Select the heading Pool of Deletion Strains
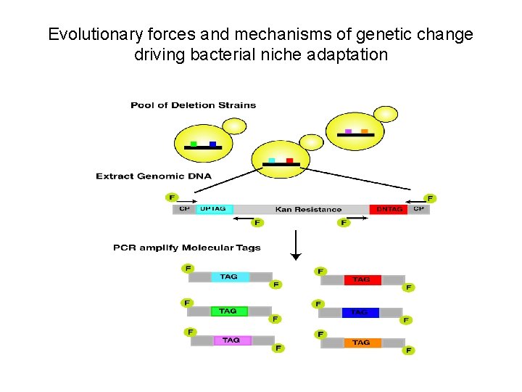193,105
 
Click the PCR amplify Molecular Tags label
186,248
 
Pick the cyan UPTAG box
214,209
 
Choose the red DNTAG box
389,209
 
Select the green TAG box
228,311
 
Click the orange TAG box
360,343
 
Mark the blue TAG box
360,312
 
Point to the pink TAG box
231,340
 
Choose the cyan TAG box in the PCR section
229,277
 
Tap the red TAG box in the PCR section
360,279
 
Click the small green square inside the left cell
194,143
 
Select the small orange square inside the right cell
365,131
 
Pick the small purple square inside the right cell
349,131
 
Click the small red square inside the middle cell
289,160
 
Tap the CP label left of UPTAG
184,209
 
